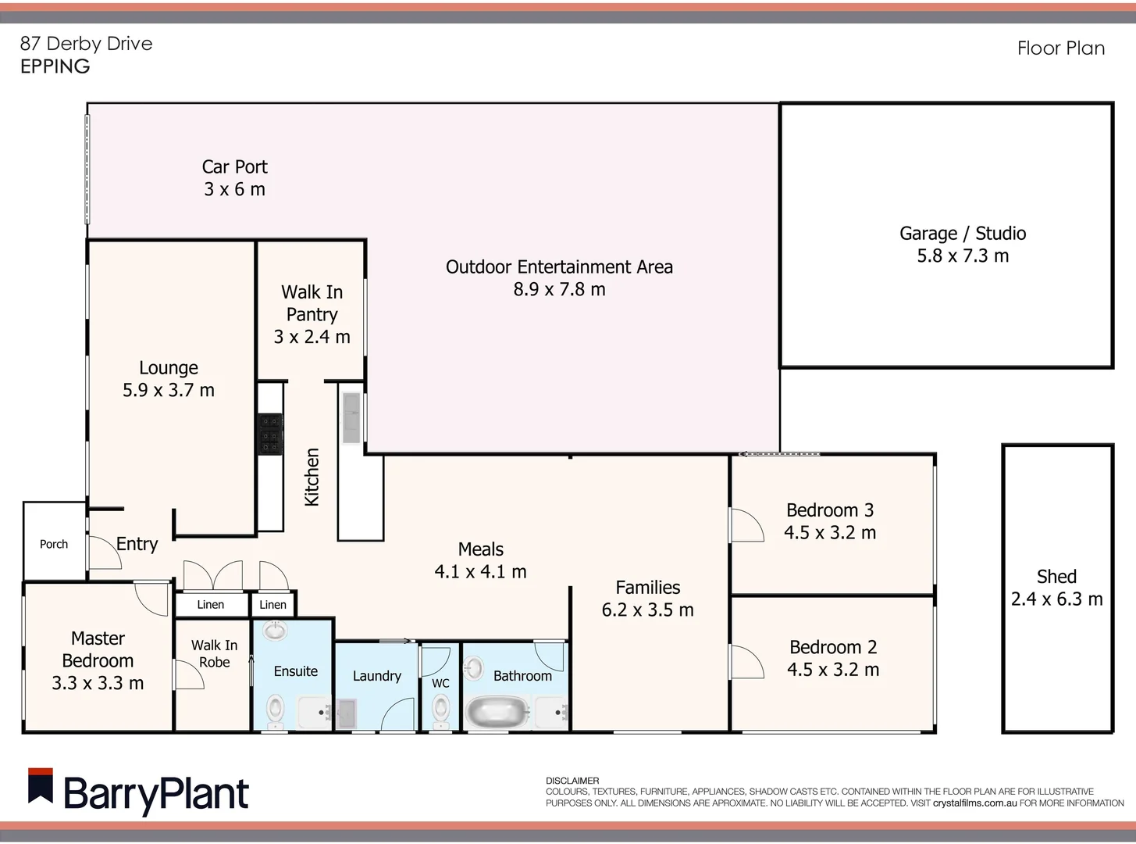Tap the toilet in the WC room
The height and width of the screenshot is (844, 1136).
[x=441, y=710]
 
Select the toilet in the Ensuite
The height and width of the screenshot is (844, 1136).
[x=275, y=710]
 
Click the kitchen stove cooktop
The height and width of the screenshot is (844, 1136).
[x=270, y=433]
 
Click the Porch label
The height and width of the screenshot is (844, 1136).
[x=54, y=544]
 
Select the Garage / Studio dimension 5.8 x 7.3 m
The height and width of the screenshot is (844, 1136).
[x=963, y=256]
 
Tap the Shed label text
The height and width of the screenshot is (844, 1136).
[x=1056, y=577]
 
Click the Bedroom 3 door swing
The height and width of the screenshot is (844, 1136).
[x=746, y=525]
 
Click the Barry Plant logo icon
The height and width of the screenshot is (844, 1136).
[x=41, y=786]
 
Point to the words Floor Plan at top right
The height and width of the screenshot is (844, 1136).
[x=1060, y=48]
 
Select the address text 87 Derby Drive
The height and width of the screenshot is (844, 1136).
[x=86, y=44]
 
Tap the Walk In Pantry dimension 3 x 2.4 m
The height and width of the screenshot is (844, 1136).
[x=312, y=337]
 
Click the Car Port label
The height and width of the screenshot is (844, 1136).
[x=234, y=167]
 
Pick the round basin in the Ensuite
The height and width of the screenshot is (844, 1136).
[x=274, y=630]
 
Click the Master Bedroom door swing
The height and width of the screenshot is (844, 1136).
[x=151, y=599]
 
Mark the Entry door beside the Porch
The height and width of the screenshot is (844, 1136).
[x=104, y=553]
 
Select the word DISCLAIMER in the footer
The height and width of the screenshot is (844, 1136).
[x=572, y=781]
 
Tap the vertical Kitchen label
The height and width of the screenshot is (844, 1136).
[x=312, y=477]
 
